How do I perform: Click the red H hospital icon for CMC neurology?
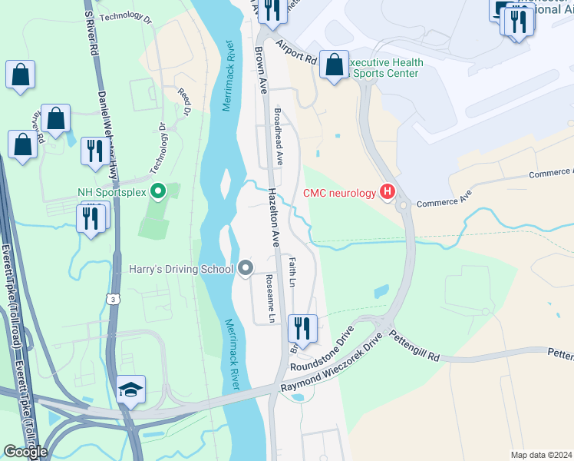click(x=388, y=191)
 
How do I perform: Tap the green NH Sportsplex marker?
click(x=159, y=191)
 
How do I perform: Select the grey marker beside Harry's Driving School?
click(x=246, y=268)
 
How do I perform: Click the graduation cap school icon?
click(x=130, y=390)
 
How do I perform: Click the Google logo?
click(x=25, y=452)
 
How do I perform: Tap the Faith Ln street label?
click(x=292, y=273)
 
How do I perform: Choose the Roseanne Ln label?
click(x=269, y=297)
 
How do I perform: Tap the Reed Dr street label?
click(x=183, y=101)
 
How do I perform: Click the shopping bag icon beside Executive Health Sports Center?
click(x=334, y=65)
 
